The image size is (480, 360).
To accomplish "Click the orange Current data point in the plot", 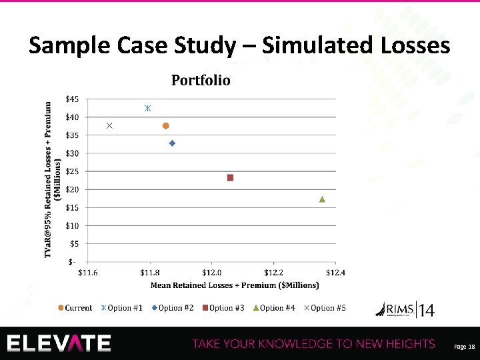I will point(166,126).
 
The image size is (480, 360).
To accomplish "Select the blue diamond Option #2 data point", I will point(172,143).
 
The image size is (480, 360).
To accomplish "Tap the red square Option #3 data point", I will point(230,178).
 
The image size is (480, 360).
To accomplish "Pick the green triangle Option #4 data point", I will point(322,199).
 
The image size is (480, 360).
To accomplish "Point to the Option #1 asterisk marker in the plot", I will point(148,108).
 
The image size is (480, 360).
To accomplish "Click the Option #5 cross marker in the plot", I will point(109,126).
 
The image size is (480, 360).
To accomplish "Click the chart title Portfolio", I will point(201,81).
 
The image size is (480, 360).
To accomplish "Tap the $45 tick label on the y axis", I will point(72,99).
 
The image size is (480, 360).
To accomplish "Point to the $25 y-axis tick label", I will point(72,171).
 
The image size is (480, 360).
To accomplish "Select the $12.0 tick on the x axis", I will point(211,272).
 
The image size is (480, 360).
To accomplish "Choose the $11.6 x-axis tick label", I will point(88,272).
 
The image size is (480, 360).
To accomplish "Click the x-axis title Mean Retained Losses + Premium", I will point(235,285).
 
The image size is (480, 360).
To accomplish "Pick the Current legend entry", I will point(75,308).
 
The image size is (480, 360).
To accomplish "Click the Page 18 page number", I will point(463,347).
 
